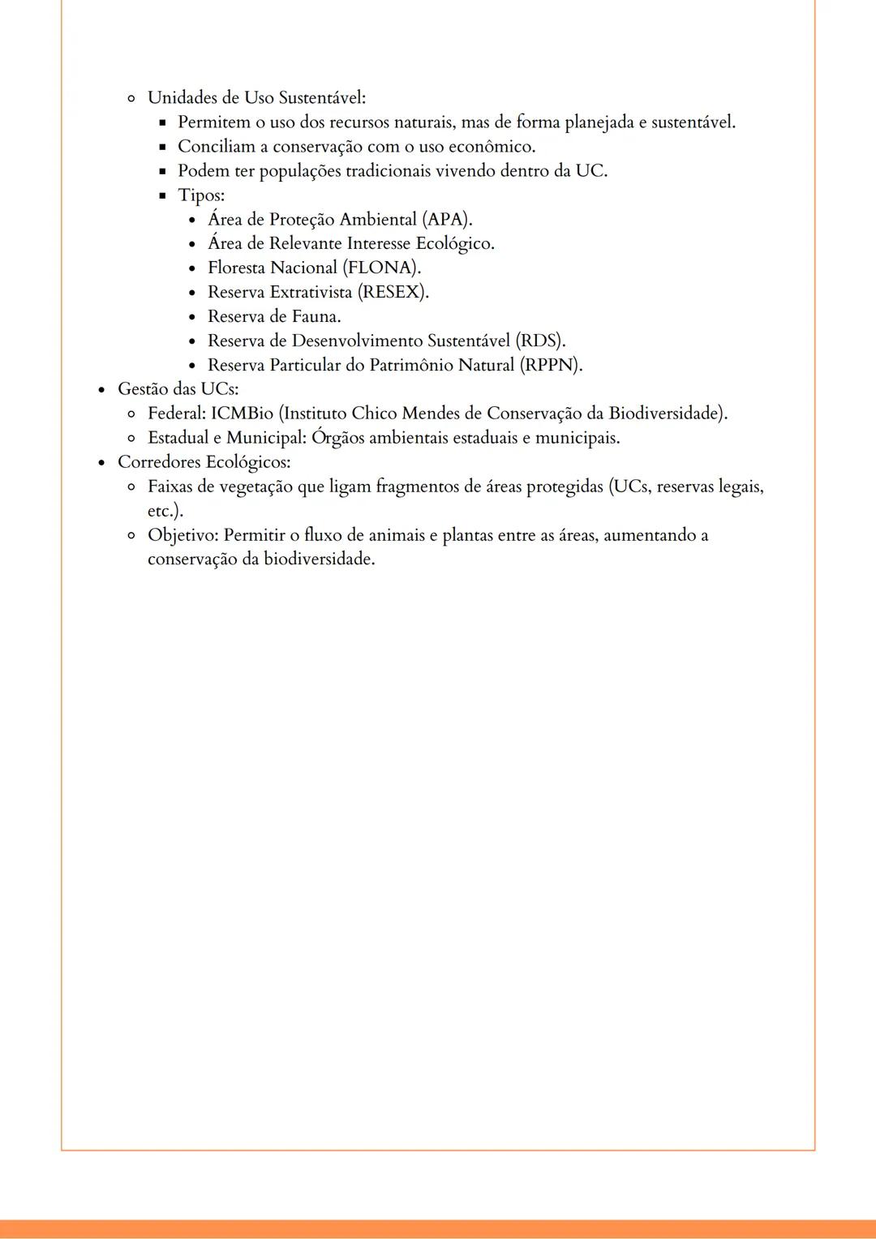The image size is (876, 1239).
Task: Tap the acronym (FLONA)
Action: click(x=381, y=268)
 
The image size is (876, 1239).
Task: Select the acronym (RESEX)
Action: click(x=393, y=293)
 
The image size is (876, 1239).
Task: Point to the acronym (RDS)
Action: click(x=540, y=341)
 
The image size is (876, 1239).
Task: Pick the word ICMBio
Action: click(x=242, y=414)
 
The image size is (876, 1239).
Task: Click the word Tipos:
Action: click(x=201, y=195)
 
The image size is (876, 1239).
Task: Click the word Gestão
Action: click(x=143, y=389)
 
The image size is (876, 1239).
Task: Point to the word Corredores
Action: click(x=158, y=462)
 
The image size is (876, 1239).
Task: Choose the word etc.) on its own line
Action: click(x=165, y=512)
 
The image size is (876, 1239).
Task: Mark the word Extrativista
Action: click(x=311, y=293)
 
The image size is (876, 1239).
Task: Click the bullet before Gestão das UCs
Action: click(x=101, y=390)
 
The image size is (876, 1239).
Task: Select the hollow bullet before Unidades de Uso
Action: click(x=131, y=99)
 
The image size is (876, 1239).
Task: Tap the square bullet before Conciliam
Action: click(x=161, y=148)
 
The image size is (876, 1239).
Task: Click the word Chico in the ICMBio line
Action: click(x=374, y=414)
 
